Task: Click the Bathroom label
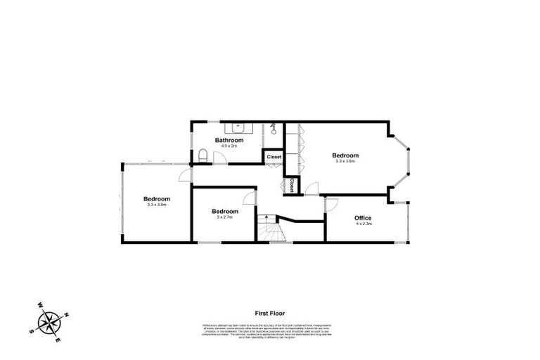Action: pyautogui.click(x=229, y=141)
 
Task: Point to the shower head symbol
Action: pyautogui.click(x=274, y=129)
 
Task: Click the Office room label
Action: pyautogui.click(x=363, y=218)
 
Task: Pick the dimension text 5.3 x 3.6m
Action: pyautogui.click(x=345, y=162)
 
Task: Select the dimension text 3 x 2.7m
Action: pyautogui.click(x=224, y=217)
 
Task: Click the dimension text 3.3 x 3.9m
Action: pyautogui.click(x=157, y=205)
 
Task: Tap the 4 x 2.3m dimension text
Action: pyautogui.click(x=363, y=224)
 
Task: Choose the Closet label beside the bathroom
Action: pyautogui.click(x=274, y=157)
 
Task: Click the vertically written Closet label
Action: pyautogui.click(x=291, y=186)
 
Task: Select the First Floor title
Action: pyautogui.click(x=270, y=314)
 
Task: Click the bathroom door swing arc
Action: pyautogui.click(x=220, y=159)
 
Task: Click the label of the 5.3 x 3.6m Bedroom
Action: pyautogui.click(x=345, y=155)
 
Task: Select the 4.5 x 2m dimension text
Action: pyautogui.click(x=229, y=147)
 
